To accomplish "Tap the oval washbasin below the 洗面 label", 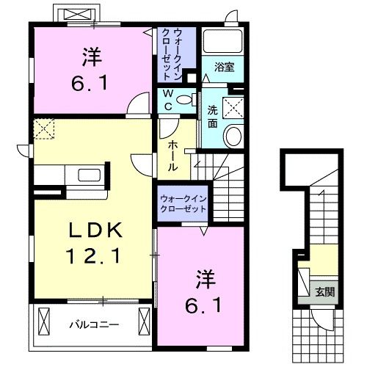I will pyautogui.click(x=234, y=136).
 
